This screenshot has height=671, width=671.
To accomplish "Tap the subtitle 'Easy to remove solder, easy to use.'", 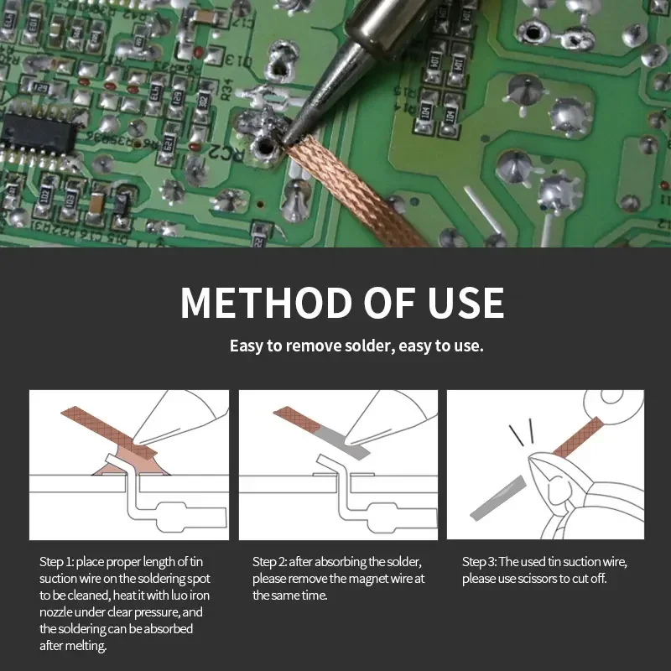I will (356, 346).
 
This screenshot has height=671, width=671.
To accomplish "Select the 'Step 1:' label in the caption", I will (56, 561).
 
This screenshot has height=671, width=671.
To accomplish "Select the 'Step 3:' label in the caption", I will (479, 561).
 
